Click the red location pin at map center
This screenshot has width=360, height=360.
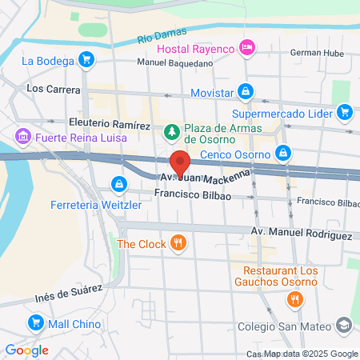[180, 161]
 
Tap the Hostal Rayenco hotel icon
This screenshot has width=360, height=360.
[247, 49]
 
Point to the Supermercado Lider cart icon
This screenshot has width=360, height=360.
[346, 112]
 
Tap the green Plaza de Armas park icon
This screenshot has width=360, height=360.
[170, 130]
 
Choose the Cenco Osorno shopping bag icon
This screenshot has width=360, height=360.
[282, 152]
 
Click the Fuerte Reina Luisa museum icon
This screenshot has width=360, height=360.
[22, 138]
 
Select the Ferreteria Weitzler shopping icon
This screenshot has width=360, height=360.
[119, 185]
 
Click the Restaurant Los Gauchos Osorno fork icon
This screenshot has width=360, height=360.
[294, 300]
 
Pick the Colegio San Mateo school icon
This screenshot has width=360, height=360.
[344, 326]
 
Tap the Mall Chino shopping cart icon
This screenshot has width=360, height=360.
[35, 323]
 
